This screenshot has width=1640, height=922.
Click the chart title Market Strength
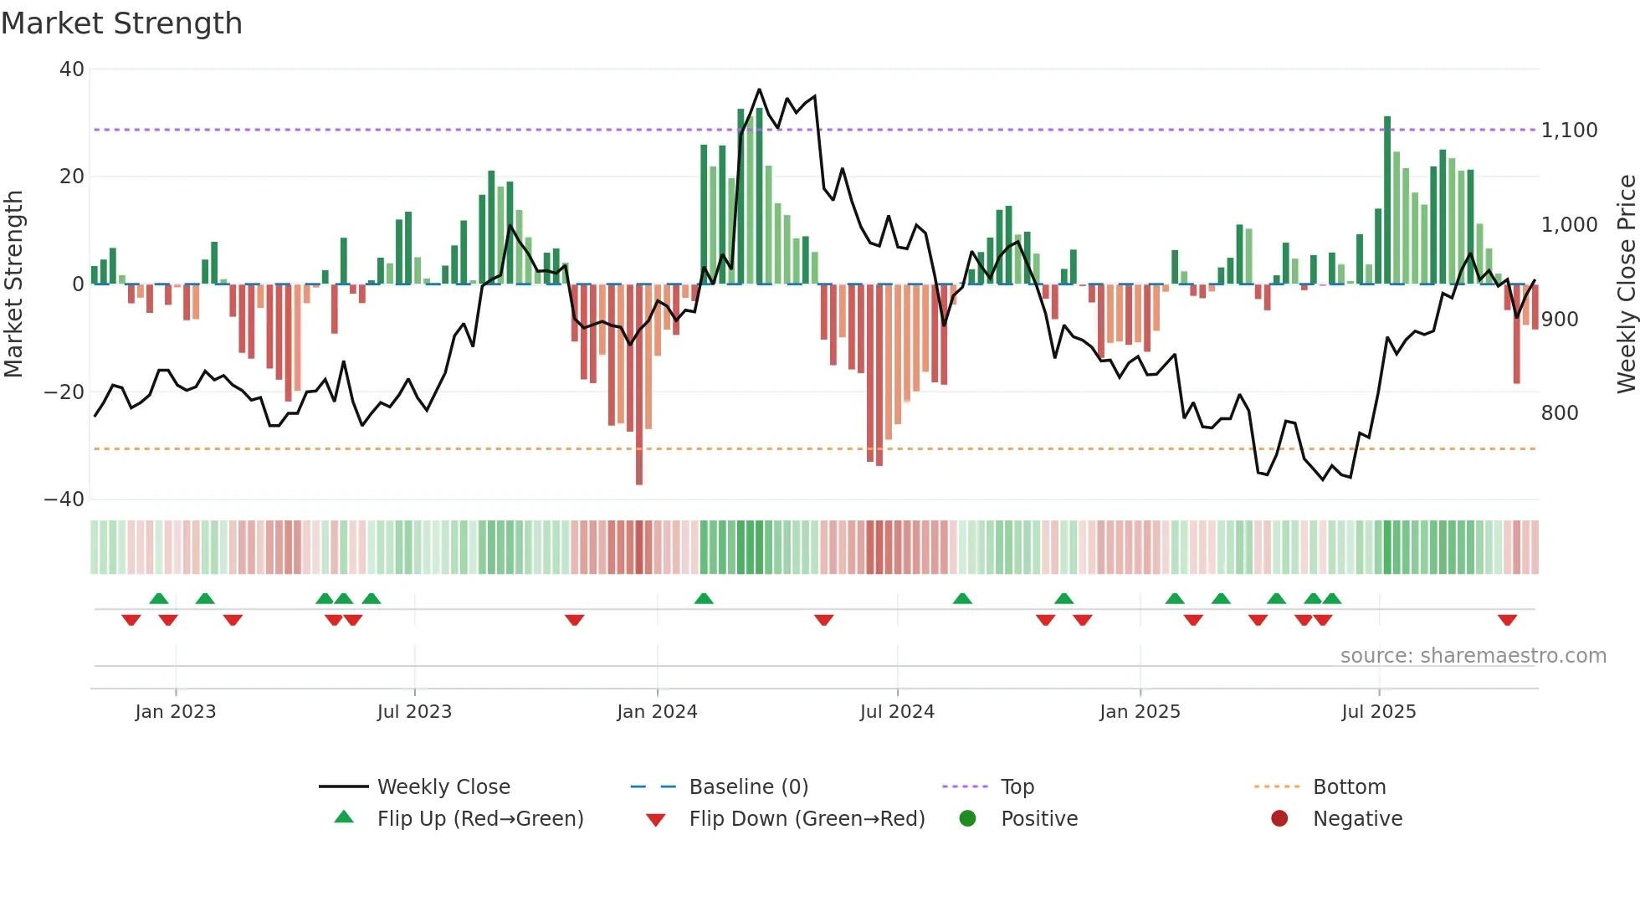point(121,23)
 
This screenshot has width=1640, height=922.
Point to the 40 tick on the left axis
point(72,69)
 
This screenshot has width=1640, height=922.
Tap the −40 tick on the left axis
point(64,499)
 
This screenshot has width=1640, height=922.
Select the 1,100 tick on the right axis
point(1569,131)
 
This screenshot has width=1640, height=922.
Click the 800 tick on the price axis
point(1559,413)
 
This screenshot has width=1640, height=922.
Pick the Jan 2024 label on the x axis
point(657,712)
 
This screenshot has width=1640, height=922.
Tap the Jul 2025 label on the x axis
point(1378,712)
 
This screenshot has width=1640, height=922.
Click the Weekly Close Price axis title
point(1626,284)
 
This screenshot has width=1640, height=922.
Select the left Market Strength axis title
point(13,284)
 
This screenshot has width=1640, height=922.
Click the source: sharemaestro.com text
point(1473,656)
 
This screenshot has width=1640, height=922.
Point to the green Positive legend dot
point(967,819)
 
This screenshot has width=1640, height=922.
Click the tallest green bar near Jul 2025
point(1387,201)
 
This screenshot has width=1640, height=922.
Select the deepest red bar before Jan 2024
point(639,385)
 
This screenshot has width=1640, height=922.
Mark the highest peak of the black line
point(759,90)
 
